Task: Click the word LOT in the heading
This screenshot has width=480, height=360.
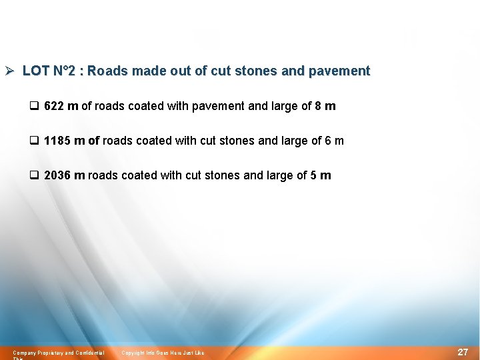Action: [x=34, y=71]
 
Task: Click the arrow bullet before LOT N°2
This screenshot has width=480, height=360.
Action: [x=9, y=71]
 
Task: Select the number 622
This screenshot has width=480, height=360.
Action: [x=54, y=106]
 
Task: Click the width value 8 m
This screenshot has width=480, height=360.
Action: [x=325, y=106]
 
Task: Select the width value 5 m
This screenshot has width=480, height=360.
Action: [x=321, y=175]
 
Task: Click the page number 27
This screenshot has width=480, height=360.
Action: [x=463, y=352]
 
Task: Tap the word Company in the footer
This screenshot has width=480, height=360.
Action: [x=25, y=353]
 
